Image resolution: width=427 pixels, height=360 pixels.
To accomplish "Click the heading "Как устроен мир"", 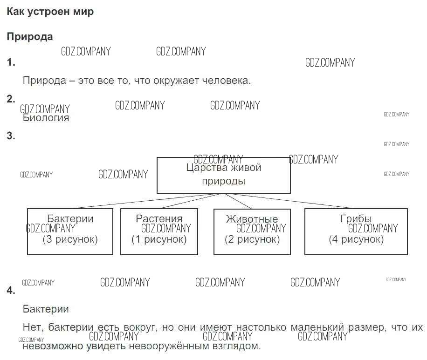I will point(50,12).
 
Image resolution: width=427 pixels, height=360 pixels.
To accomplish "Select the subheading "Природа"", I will point(30,37).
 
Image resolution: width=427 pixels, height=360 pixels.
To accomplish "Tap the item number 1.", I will point(11,62).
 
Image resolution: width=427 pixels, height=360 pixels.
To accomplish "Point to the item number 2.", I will point(11,99).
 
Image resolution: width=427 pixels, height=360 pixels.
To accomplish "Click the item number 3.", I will point(11,136).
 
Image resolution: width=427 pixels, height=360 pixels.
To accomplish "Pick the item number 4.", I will point(11,291).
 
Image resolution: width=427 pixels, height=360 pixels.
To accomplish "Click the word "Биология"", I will point(46,118).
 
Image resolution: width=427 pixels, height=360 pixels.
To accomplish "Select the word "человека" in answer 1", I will point(227,80).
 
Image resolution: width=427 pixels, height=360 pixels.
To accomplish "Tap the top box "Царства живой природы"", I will point(224,175).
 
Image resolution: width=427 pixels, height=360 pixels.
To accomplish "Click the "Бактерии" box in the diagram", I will point(70,231).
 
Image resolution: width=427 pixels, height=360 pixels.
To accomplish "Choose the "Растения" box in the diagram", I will point(159,231).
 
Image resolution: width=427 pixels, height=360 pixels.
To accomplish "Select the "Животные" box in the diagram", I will point(252,231).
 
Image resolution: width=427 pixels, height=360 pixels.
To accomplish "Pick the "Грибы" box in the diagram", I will point(356,231).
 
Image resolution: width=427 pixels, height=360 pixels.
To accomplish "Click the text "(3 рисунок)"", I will point(70,240).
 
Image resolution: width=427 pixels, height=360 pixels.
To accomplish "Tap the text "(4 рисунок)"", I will point(356,240).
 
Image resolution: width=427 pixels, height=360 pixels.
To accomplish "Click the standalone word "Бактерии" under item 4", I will point(46,309).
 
